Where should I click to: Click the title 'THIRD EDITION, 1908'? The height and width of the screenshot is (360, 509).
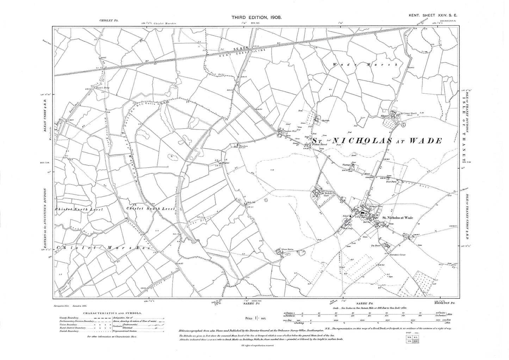pos(256,17)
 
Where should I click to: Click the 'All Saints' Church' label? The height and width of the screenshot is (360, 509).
pos(409,114)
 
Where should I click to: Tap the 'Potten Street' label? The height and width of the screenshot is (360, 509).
pos(321,144)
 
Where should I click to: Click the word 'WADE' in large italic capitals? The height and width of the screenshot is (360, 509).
pos(427,141)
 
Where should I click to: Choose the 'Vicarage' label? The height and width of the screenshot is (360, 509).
pos(347,165)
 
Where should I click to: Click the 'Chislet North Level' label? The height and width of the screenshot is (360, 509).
pos(79,210)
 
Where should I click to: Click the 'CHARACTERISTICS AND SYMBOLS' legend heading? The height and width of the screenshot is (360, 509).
pos(113,313)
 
